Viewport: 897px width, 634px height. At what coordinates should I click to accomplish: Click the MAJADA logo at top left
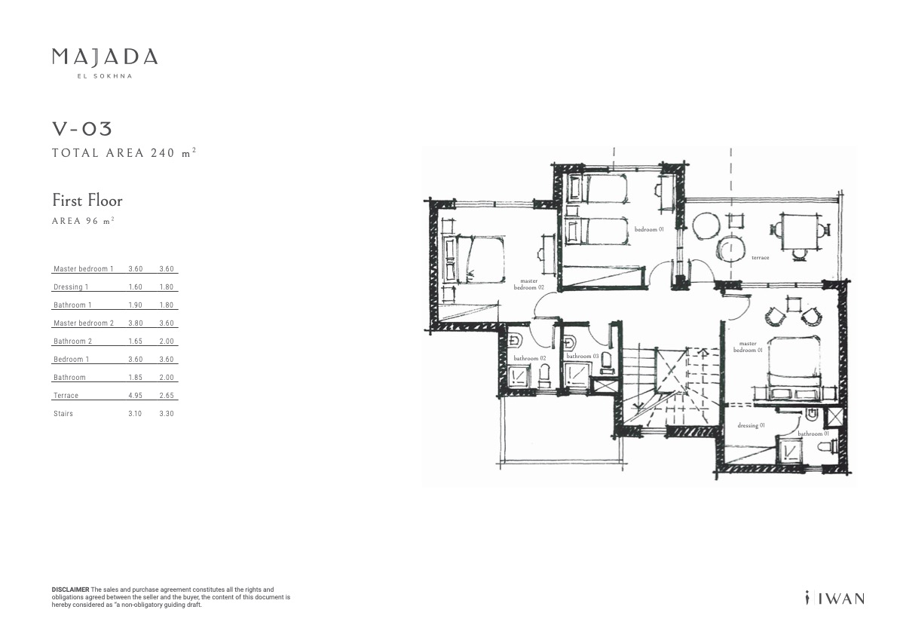tap(105, 63)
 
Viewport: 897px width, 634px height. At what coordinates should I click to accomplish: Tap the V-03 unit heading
tap(82, 129)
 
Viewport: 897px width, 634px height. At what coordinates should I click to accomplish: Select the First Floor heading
tap(87, 201)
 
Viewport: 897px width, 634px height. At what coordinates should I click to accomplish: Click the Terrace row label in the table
tap(66, 395)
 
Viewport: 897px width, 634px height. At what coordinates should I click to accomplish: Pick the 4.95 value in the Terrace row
tap(135, 395)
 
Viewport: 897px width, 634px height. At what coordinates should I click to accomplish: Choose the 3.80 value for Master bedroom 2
tap(135, 323)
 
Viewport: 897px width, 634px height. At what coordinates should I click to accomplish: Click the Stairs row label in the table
tap(63, 414)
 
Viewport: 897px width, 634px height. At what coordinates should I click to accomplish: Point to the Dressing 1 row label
tap(71, 287)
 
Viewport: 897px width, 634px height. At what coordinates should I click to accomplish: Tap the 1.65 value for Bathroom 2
tap(135, 342)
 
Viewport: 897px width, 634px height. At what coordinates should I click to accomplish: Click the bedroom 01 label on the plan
tap(649, 229)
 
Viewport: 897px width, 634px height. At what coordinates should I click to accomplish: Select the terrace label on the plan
tap(761, 258)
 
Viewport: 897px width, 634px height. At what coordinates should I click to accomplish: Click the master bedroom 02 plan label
tap(528, 284)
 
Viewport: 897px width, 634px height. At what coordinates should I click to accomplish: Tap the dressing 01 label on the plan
tap(751, 425)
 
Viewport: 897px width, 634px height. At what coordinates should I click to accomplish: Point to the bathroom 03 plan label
tap(583, 356)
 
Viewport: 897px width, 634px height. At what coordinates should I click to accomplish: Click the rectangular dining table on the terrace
tap(800, 231)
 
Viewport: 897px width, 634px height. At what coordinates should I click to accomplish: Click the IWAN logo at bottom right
tap(835, 598)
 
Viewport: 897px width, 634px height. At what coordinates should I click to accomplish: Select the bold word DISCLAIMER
tap(70, 590)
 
